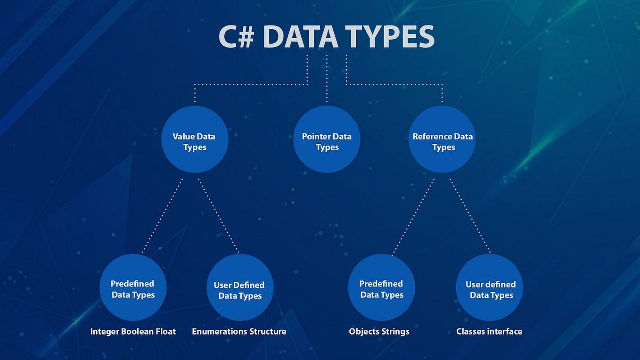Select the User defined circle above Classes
coord(490,288)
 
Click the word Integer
coord(105,332)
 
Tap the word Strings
coord(395,332)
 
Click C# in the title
coord(237,37)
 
